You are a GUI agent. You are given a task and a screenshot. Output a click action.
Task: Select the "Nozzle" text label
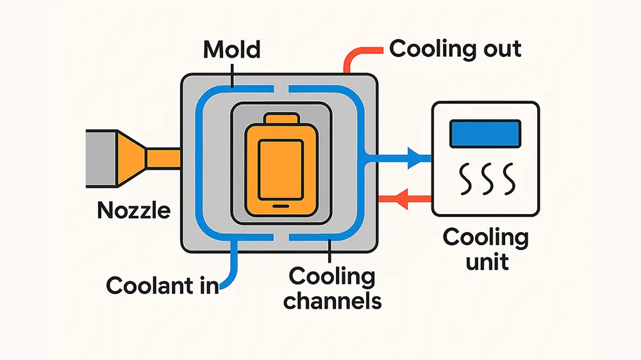[134, 209]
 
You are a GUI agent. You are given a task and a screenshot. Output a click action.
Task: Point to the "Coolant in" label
[162, 285]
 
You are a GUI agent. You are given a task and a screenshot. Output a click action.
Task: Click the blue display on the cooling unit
[485, 135]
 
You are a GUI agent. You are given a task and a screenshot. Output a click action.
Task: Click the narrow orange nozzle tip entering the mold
[163, 158]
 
